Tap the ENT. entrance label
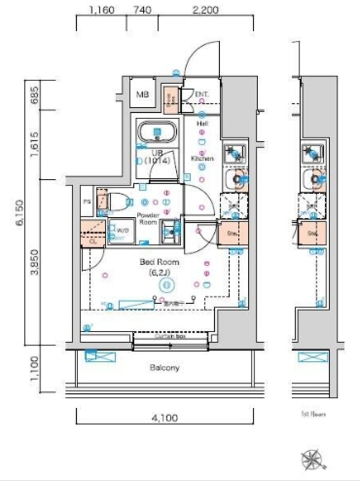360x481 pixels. (x=202, y=94)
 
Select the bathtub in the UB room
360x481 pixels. (x=157, y=132)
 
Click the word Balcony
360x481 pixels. (x=166, y=368)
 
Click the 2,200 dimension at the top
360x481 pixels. (x=205, y=10)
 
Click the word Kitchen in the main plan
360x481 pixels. (x=203, y=159)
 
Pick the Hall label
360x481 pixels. (x=203, y=123)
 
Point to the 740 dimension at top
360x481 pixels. (x=142, y=10)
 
